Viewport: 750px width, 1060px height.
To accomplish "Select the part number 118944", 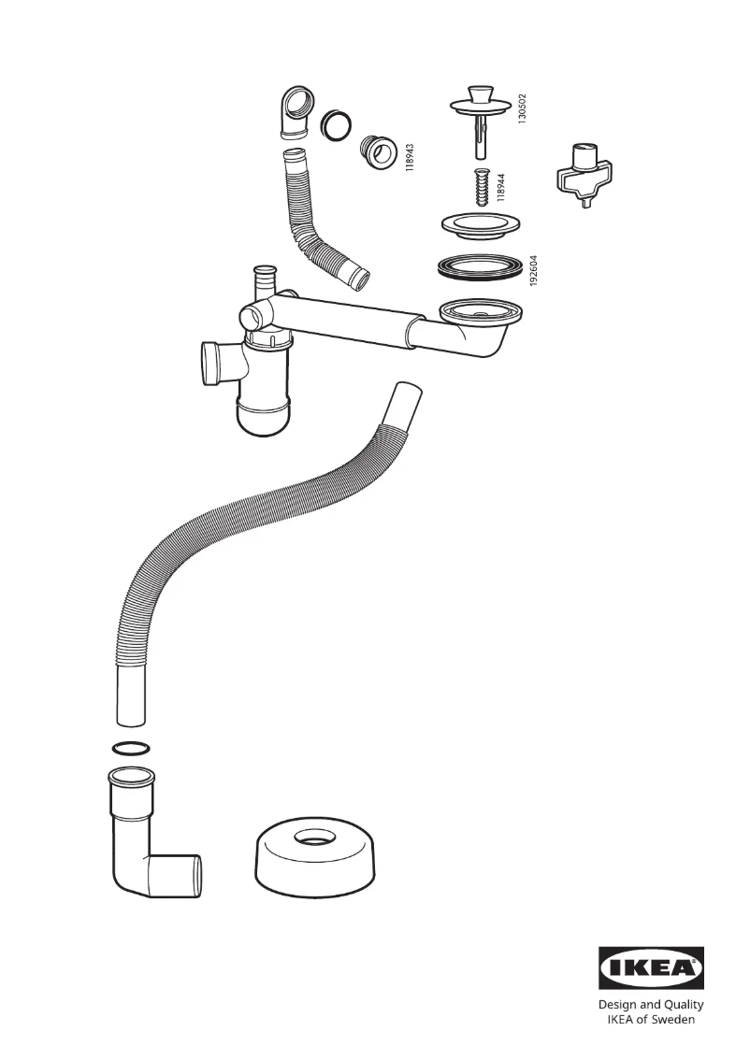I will (x=501, y=186).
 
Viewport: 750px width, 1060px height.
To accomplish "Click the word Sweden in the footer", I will (x=673, y=1019).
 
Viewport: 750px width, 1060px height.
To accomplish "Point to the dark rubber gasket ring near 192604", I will (x=479, y=265).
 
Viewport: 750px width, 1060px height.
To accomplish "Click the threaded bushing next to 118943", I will (x=378, y=150).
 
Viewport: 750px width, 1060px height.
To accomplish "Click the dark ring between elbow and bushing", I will (x=336, y=124).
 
